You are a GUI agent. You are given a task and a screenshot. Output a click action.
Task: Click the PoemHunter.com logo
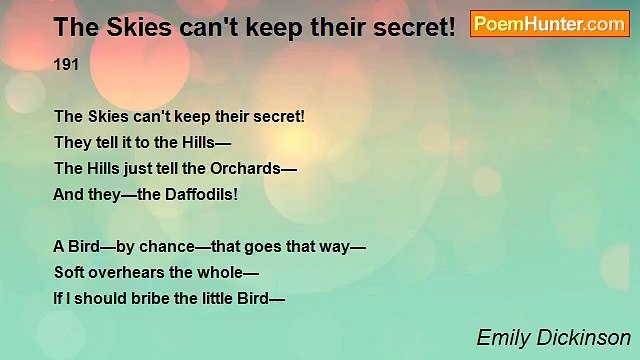(549, 25)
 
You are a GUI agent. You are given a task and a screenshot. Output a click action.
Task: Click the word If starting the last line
(58, 297)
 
